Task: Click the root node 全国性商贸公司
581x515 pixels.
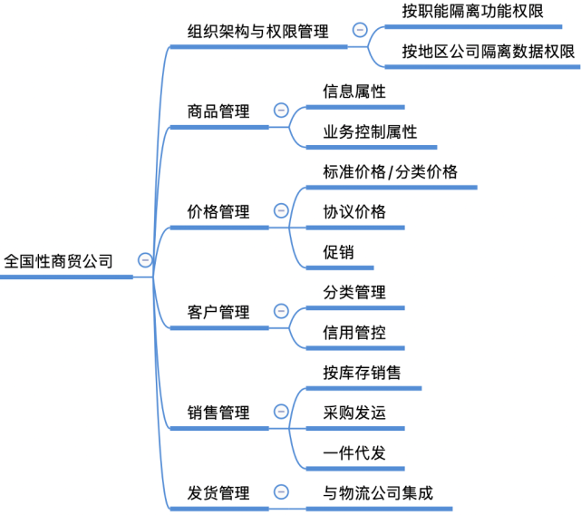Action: click(x=59, y=261)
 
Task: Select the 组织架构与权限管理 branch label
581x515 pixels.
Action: click(x=257, y=31)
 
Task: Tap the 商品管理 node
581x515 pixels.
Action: click(x=218, y=112)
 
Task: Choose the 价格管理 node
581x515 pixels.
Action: click(x=218, y=211)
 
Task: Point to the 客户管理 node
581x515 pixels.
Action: click(x=218, y=312)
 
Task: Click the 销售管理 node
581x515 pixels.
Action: click(x=218, y=413)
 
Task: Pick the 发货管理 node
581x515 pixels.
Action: click(x=218, y=493)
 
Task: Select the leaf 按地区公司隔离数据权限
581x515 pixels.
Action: click(x=489, y=51)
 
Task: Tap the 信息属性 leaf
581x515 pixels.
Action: click(x=354, y=92)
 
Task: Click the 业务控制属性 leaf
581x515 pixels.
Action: click(x=370, y=131)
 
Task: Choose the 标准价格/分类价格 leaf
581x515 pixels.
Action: click(x=391, y=172)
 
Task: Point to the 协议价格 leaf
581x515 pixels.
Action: click(x=354, y=211)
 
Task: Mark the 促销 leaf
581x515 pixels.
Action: click(x=338, y=252)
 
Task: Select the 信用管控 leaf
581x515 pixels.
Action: click(x=354, y=332)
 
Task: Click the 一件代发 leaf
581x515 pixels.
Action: click(x=354, y=452)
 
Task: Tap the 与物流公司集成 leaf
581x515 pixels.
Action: click(x=378, y=493)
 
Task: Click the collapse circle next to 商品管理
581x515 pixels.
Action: click(x=281, y=112)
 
